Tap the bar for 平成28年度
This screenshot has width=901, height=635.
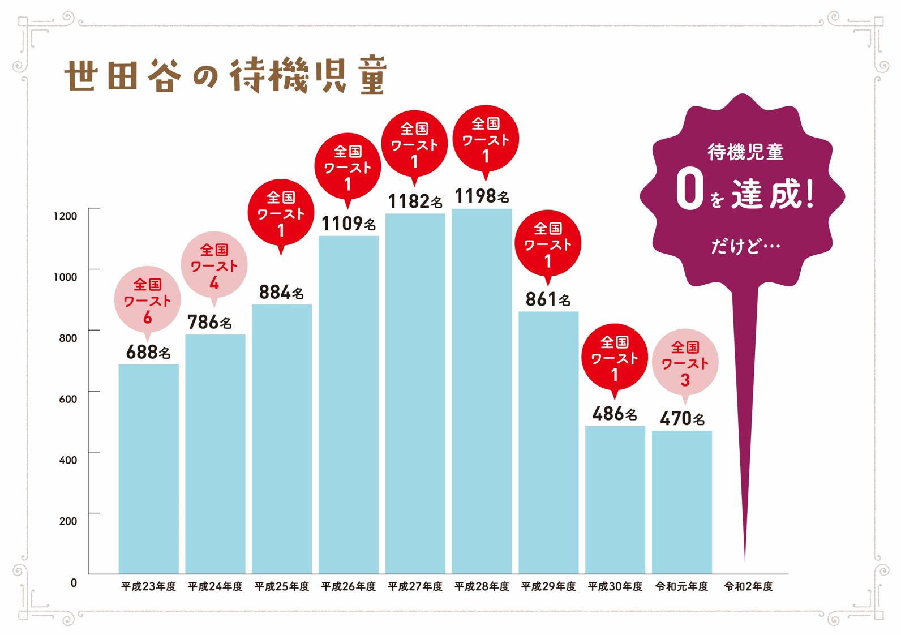pyautogui.click(x=482, y=391)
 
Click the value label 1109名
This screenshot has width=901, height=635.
pyautogui.click(x=349, y=224)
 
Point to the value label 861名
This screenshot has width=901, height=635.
pyautogui.click(x=548, y=299)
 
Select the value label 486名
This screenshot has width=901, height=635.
pyautogui.click(x=615, y=414)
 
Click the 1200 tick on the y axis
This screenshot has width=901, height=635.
pyautogui.click(x=65, y=216)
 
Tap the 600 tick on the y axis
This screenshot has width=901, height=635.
pyautogui.click(x=68, y=399)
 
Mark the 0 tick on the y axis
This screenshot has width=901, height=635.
pyautogui.click(x=74, y=582)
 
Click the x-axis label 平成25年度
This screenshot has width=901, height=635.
pyautogui.click(x=282, y=587)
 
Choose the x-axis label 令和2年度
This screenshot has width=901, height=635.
pyautogui.click(x=748, y=587)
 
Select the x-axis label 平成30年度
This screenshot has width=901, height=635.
pyautogui.click(x=615, y=587)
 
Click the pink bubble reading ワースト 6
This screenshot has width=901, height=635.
pyautogui.click(x=148, y=300)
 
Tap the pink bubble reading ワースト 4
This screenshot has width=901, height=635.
pyautogui.click(x=214, y=265)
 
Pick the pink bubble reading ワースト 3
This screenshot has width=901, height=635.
pyautogui.click(x=685, y=363)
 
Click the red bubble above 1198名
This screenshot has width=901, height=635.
pyautogui.click(x=486, y=139)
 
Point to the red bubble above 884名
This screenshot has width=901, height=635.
pyautogui.click(x=281, y=213)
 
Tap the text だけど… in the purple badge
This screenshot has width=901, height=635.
pyautogui.click(x=745, y=246)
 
